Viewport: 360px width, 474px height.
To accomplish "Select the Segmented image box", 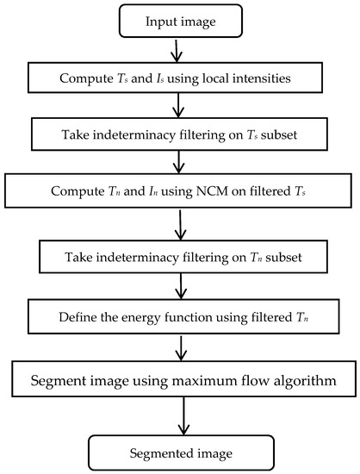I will (x=181, y=450).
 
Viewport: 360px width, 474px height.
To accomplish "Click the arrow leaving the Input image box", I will (x=177, y=52).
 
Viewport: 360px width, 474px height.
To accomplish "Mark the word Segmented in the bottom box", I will (x=160, y=450).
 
